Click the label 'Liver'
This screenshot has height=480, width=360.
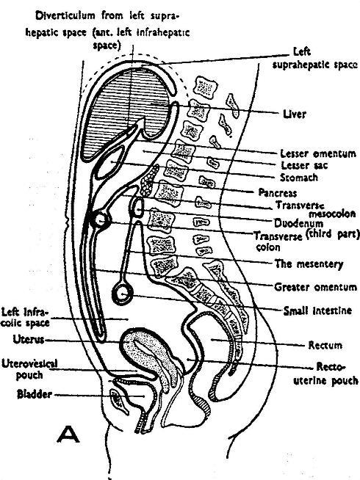295,114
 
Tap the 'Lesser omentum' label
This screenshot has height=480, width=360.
308,153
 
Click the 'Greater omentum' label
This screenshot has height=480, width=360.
314,286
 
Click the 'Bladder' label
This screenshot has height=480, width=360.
35,395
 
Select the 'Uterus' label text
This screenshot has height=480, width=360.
29,339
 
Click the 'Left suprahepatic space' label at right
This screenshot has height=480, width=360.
312,58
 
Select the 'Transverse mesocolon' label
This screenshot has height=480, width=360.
306,209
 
